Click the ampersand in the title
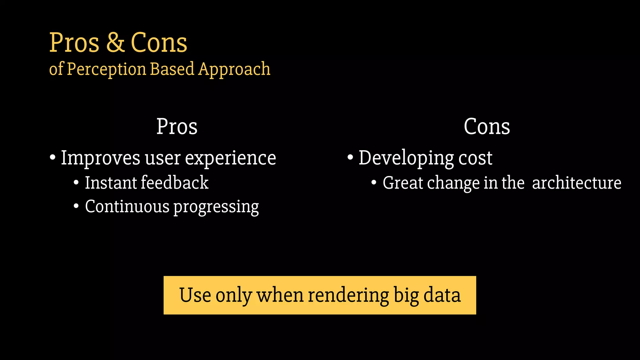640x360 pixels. coord(115,43)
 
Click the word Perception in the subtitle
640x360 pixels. coord(107,69)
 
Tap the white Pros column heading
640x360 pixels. coord(177,127)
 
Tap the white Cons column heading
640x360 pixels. coord(487,127)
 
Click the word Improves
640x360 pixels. coord(100,158)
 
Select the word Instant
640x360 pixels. coord(111,183)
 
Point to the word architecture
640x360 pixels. coord(577,183)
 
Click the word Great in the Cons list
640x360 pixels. coord(403,183)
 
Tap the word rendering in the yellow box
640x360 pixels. coord(348,295)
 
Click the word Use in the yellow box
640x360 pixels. coord(195,295)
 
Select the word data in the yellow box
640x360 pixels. coord(442,295)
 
